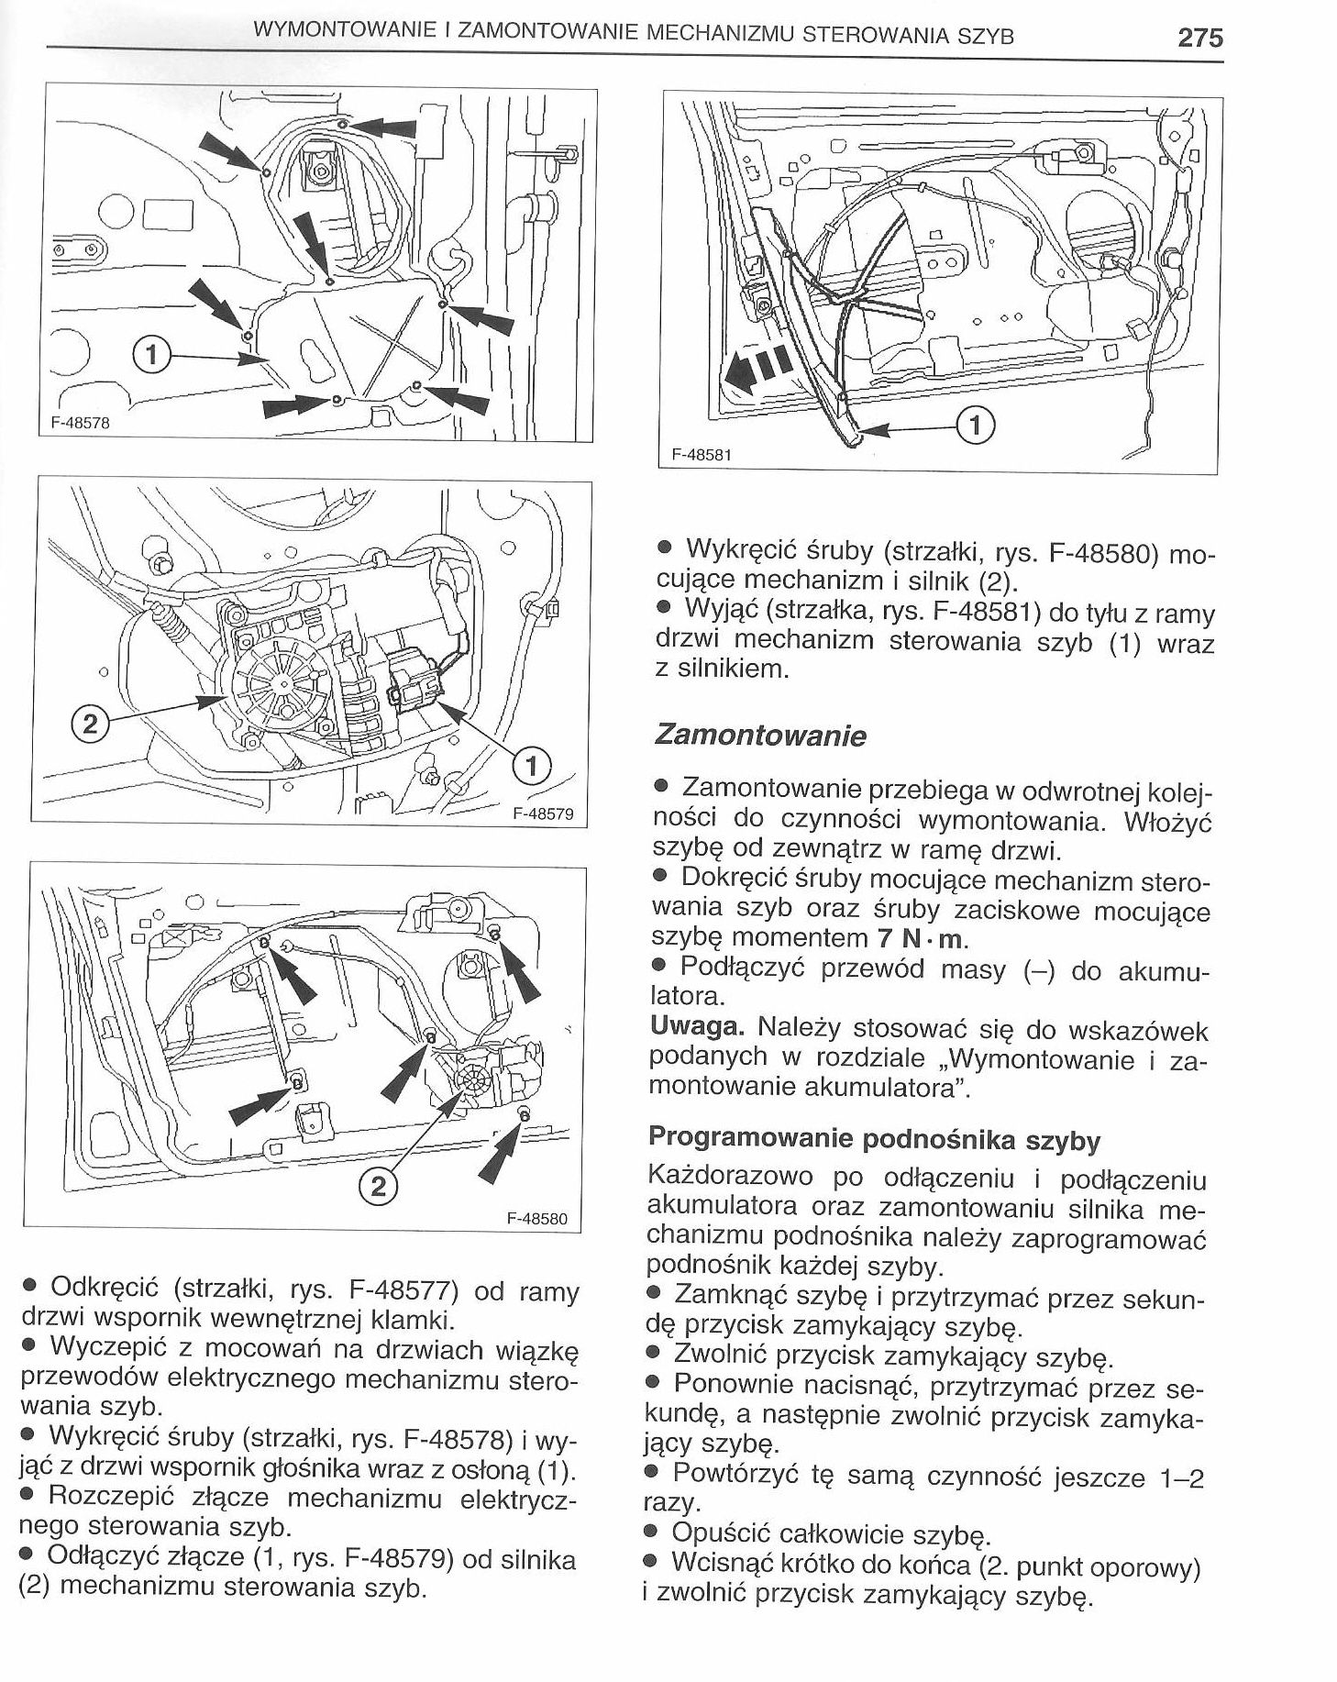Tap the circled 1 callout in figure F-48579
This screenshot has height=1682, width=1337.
pyautogui.click(x=532, y=764)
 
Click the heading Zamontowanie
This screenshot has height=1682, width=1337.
pyautogui.click(x=760, y=736)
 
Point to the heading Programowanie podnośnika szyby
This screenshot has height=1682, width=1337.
pyautogui.click(x=874, y=1139)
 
